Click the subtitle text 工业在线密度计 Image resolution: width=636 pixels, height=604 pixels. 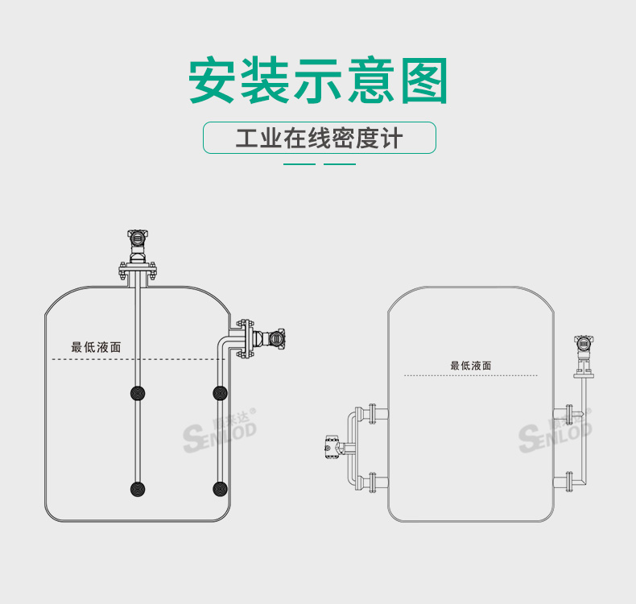tap(319, 138)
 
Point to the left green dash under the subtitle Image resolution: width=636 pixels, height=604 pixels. tap(299, 164)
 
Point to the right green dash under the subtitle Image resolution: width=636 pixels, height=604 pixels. tap(339, 164)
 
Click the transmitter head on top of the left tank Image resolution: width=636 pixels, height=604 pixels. tap(138, 238)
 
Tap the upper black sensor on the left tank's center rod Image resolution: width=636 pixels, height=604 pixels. tap(138, 393)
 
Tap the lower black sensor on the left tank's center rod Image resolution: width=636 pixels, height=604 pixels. tap(138, 488)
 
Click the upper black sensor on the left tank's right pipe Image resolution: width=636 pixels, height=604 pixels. tap(220, 393)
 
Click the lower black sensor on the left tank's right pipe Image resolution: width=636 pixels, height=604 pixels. tap(220, 488)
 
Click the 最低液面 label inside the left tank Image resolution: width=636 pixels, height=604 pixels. tap(96, 347)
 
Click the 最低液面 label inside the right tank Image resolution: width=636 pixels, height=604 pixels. tap(471, 366)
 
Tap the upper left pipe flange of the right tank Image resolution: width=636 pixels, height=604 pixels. tap(373, 415)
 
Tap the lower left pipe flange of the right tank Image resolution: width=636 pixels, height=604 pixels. tap(373, 482)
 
